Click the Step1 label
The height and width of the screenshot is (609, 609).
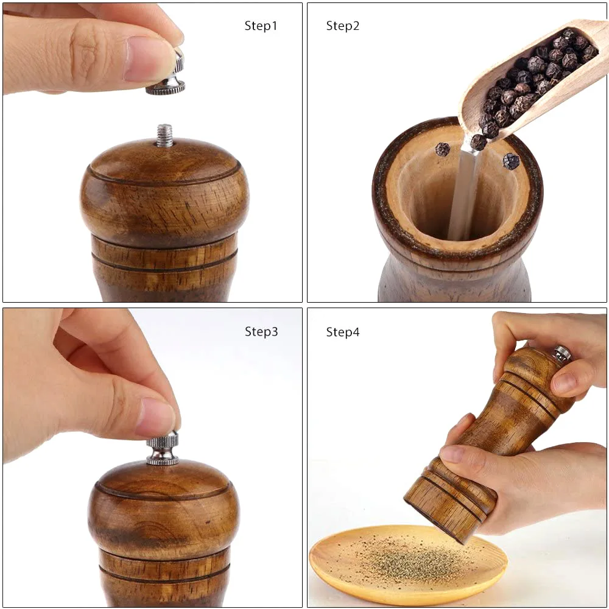[261, 26]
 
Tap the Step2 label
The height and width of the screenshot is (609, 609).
[343, 26]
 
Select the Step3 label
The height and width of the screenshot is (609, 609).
[261, 332]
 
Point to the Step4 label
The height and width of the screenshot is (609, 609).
[343, 332]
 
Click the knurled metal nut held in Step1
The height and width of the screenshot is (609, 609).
[166, 86]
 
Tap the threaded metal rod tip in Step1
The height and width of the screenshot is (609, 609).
[164, 135]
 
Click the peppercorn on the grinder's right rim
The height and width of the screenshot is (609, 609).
[511, 161]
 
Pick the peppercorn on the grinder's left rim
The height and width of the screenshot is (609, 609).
[442, 149]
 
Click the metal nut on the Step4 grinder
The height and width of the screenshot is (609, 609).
[561, 353]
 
